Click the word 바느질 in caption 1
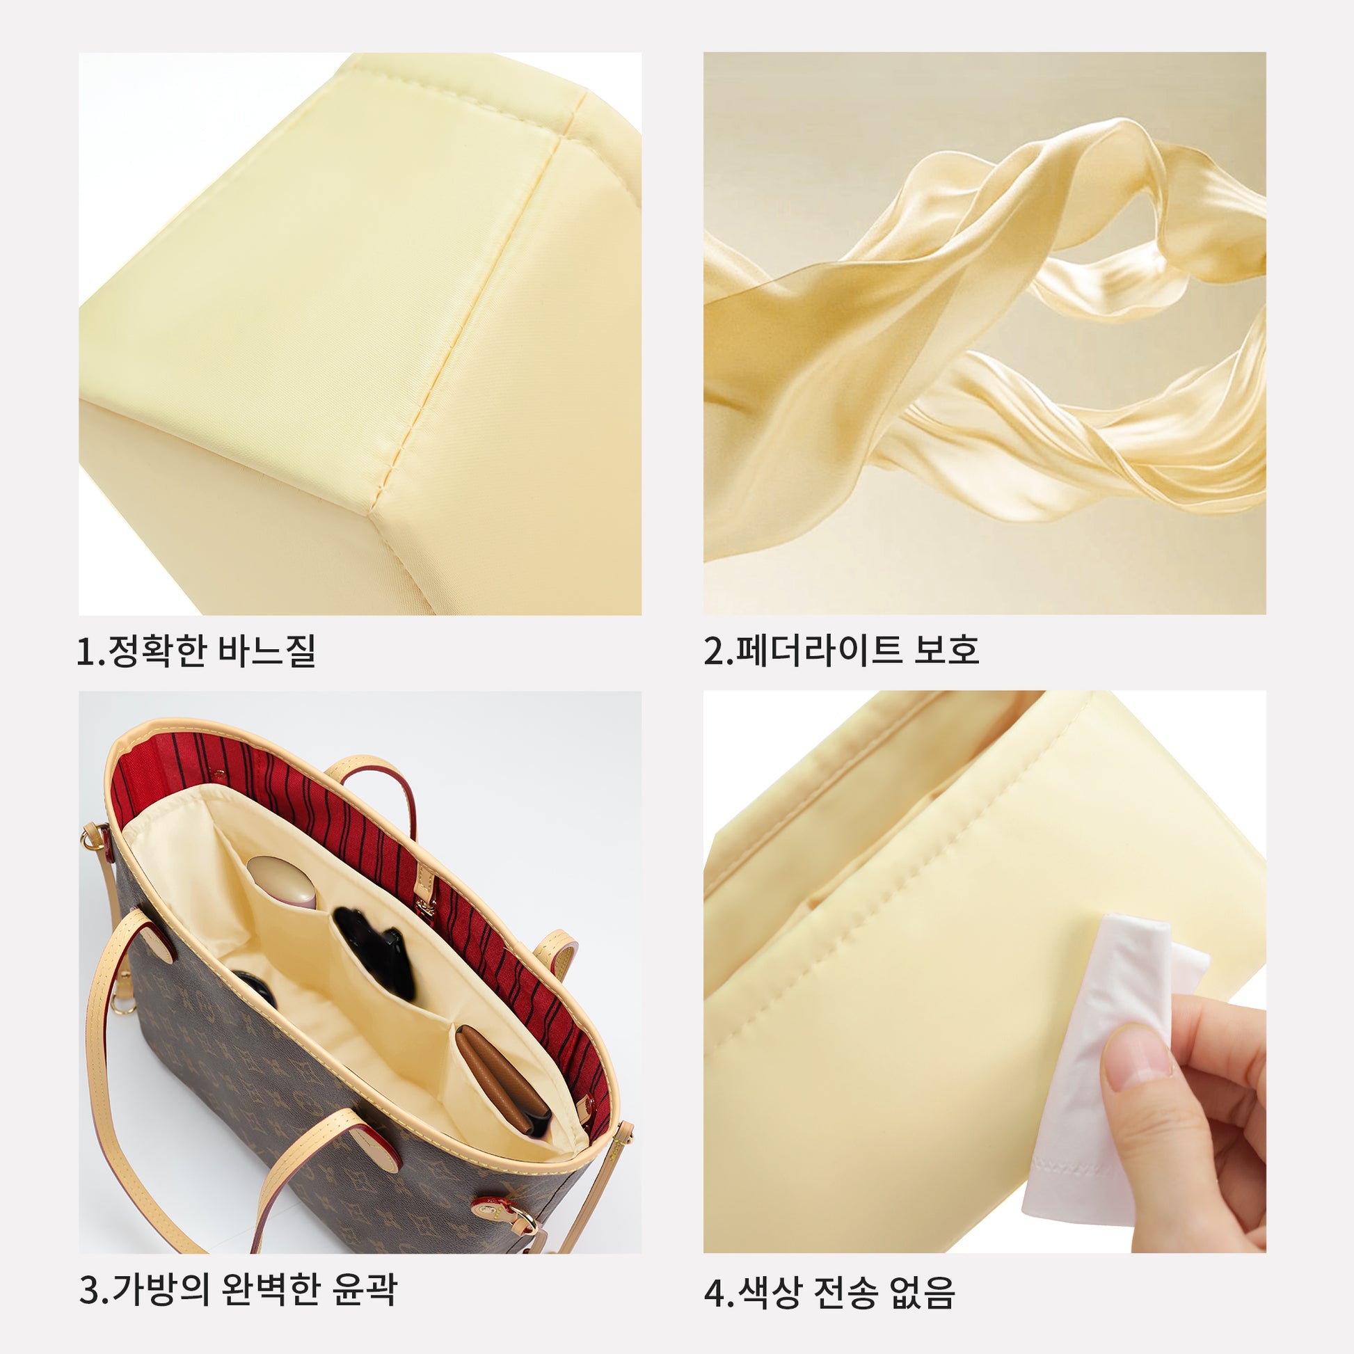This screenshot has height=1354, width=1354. [x=267, y=651]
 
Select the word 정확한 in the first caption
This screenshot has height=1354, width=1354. [x=158, y=651]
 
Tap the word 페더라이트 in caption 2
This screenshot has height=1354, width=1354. [x=818, y=651]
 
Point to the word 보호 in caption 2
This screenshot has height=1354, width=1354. [x=946, y=651]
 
